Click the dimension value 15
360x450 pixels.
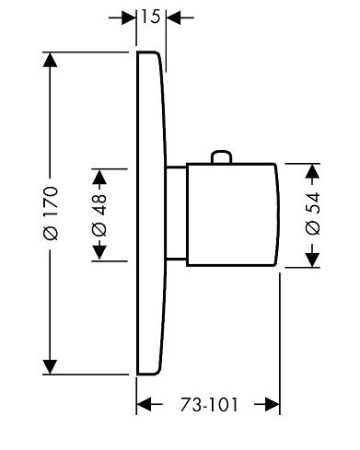point(151,17)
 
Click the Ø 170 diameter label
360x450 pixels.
point(51,213)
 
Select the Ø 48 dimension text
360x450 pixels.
point(99,215)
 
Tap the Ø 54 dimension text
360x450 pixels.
point(313,213)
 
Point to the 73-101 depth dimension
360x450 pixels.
point(209,405)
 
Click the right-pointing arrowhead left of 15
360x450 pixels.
point(129,17)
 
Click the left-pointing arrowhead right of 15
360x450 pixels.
point(173,17)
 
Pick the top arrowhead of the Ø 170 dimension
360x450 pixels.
point(50,60)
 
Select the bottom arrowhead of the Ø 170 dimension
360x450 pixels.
point(50,367)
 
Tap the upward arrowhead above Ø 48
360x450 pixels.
point(99,177)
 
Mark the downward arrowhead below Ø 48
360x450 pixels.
point(99,252)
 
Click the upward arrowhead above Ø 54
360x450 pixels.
point(313,171)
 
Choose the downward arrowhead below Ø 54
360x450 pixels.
point(313,260)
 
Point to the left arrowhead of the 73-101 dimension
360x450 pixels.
point(144,405)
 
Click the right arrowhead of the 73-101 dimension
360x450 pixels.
point(273,405)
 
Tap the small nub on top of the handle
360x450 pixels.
point(221,156)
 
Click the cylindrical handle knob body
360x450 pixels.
point(233,214)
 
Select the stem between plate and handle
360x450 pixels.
point(176,213)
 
